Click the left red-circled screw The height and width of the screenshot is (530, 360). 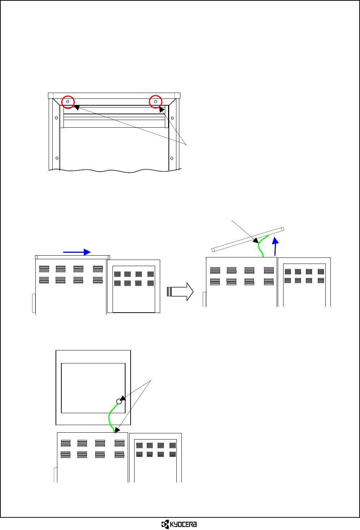click(68, 102)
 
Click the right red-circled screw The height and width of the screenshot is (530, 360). click(155, 102)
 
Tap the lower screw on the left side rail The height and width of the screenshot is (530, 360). click(57, 158)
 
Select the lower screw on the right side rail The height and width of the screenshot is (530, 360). click(172, 158)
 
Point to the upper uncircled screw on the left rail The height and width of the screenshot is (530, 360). click(56, 118)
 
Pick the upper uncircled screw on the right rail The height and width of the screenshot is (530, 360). click(172, 118)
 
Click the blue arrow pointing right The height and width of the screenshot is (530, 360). click(77, 252)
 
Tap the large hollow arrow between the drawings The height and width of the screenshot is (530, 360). click(180, 291)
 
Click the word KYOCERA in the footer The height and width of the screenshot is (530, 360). click(184, 524)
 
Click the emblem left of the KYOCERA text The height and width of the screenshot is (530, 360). click(165, 524)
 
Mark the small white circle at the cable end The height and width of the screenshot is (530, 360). click(119, 401)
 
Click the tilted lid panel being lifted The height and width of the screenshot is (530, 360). click(248, 239)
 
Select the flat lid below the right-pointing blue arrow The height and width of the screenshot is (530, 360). click(72, 257)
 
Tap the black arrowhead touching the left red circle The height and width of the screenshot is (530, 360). click(76, 107)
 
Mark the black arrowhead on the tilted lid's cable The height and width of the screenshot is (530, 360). click(255, 240)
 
